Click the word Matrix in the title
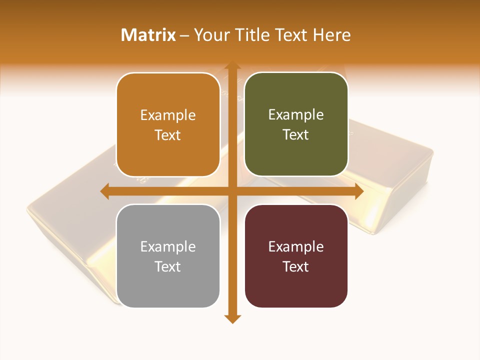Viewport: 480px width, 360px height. tap(148, 35)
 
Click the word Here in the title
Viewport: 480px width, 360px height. tap(331, 35)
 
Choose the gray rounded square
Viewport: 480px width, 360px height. tap(168, 290)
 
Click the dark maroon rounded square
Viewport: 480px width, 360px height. tap(296, 290)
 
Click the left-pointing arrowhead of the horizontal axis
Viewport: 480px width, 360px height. tap(105, 191)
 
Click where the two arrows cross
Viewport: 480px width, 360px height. tap(232, 191)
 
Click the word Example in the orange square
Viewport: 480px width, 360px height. tap(168, 115)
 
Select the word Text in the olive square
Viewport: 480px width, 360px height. tap(296, 135)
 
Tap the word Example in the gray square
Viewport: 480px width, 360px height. tap(168, 246)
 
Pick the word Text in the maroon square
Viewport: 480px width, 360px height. tap(296, 266)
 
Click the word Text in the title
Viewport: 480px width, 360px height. tap(290, 35)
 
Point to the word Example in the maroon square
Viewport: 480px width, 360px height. tap(296, 246)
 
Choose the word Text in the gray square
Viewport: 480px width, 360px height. tap(168, 266)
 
